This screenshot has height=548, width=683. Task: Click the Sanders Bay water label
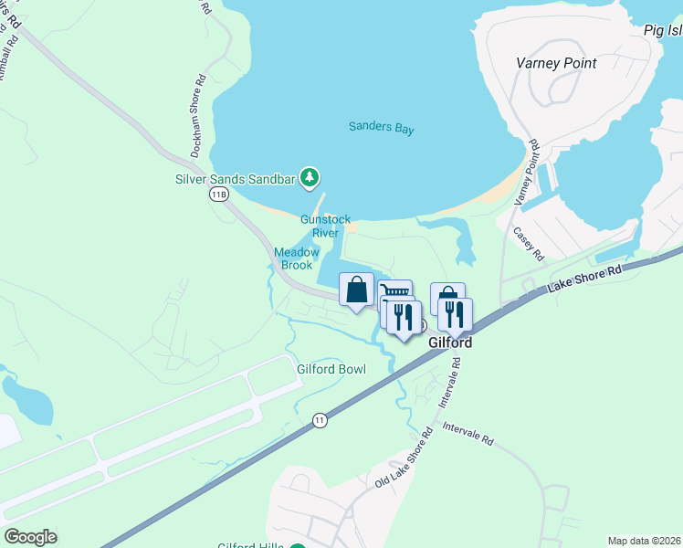381,128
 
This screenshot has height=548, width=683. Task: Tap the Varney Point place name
555,63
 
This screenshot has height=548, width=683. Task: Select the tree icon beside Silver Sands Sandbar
310,177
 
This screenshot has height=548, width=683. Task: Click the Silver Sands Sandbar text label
236,179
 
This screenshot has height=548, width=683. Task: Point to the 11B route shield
218,195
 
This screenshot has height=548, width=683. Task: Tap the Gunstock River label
325,226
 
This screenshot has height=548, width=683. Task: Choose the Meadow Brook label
297,258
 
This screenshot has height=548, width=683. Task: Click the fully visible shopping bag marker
357,290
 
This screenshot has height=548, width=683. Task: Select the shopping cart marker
395,293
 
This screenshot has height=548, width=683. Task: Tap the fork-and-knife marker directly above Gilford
455,314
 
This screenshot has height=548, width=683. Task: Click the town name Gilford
451,342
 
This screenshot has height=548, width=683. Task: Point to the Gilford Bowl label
331,369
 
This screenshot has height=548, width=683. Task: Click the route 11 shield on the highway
319,419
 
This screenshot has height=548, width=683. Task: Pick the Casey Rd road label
529,244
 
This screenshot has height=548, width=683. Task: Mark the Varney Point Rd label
528,173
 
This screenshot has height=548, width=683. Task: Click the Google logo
30,537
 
